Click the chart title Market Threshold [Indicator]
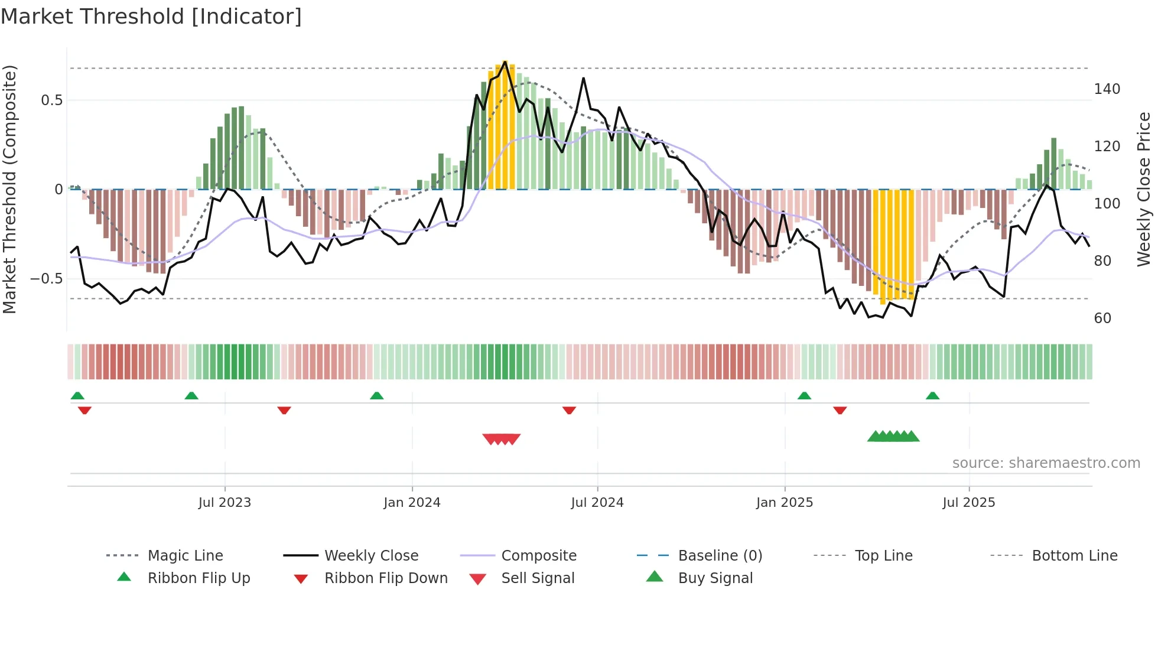pyautogui.click(x=151, y=17)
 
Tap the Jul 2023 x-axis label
pyautogui.click(x=225, y=503)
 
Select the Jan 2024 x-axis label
pyautogui.click(x=412, y=503)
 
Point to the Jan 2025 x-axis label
pyautogui.click(x=785, y=503)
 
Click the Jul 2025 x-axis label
pyautogui.click(x=969, y=503)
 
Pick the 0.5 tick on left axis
pyautogui.click(x=51, y=100)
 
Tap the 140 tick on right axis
pyautogui.click(x=1107, y=89)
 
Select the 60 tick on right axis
pyautogui.click(x=1102, y=318)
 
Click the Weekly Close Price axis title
pyautogui.click(x=1144, y=189)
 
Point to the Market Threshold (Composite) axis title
pyautogui.click(x=9, y=189)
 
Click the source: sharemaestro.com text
pyautogui.click(x=1046, y=463)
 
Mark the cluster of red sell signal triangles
pyautogui.click(x=501, y=439)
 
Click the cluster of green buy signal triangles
pyautogui.click(x=893, y=437)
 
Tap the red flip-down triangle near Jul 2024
pyautogui.click(x=569, y=410)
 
